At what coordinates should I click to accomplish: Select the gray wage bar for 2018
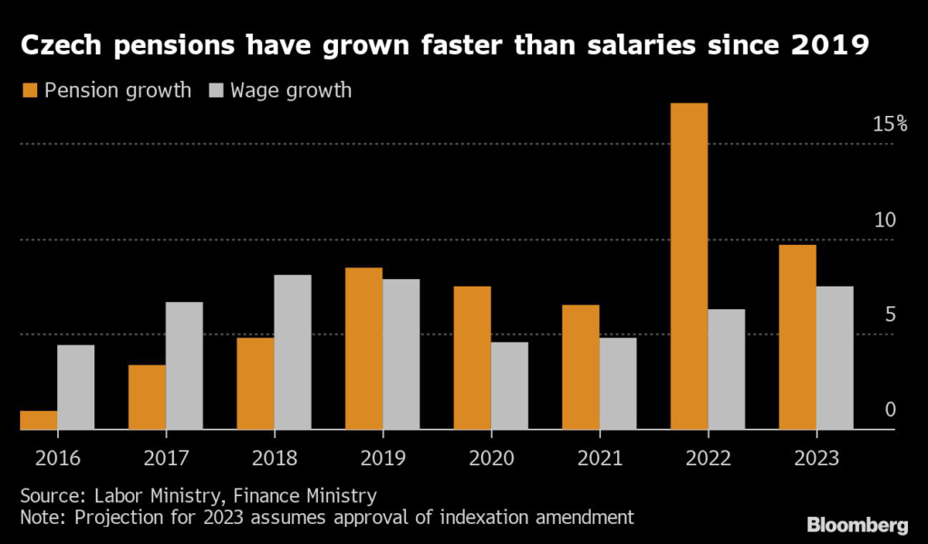293,352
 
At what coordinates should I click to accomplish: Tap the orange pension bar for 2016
38,420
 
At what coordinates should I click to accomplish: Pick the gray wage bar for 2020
509,385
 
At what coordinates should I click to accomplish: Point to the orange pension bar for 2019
363,348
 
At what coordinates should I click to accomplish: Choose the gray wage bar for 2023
835,357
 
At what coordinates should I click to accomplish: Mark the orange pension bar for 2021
580,366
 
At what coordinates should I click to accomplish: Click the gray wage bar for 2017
184,365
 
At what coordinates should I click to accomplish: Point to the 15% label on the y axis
889,124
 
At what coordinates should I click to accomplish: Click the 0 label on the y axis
890,410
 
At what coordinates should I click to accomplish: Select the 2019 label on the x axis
382,457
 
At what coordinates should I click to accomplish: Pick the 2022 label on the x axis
708,457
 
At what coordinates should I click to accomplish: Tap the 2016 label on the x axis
58,457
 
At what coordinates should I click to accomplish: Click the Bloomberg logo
855,523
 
